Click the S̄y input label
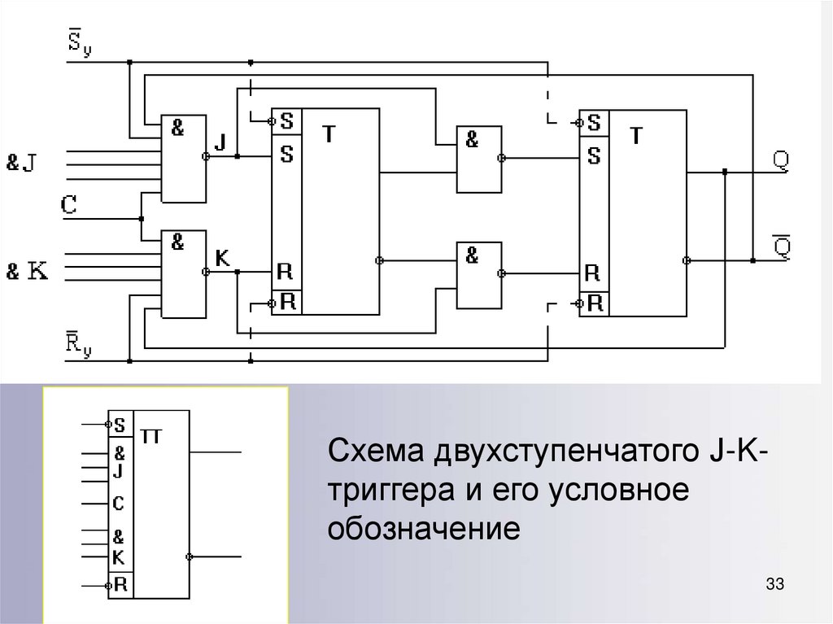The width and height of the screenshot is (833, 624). pos(79,41)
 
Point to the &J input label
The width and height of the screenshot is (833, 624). pos(22,163)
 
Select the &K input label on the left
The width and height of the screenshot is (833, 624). pos(26,271)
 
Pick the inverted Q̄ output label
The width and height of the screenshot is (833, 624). pos(780,244)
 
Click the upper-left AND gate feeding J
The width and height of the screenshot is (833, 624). pos(184,158)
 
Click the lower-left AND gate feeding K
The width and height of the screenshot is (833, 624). pos(184,273)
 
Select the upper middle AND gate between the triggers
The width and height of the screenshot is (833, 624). pos(478,159)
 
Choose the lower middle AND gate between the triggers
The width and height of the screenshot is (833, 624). pos(478,274)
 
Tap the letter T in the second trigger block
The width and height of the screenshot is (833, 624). pos(636,136)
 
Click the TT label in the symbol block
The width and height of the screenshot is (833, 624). pos(152,437)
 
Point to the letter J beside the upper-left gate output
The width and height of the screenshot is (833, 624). pos(220,142)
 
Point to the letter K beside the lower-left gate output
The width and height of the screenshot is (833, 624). pos(221,258)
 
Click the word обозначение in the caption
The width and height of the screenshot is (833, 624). pos(423,529)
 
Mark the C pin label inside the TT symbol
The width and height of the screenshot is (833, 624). pos(119,504)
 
